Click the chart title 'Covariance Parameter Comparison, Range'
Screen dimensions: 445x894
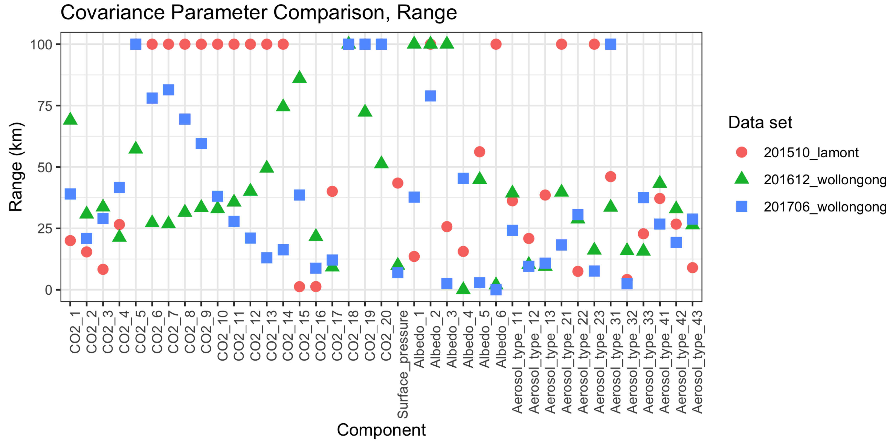click(x=258, y=13)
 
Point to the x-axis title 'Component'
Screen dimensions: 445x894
click(x=381, y=430)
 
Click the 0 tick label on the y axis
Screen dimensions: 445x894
click(x=49, y=290)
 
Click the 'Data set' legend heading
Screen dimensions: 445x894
click(x=760, y=122)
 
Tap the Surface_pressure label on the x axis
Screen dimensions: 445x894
click(x=402, y=364)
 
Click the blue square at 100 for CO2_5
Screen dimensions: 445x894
click(x=136, y=44)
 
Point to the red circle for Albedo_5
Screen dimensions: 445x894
click(x=479, y=152)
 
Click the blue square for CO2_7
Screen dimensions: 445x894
click(x=168, y=90)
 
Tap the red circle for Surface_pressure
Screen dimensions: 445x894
click(x=398, y=183)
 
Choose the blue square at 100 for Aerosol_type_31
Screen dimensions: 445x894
click(x=610, y=44)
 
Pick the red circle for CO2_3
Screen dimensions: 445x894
click(x=103, y=269)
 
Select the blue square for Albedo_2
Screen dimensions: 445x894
click(x=430, y=96)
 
